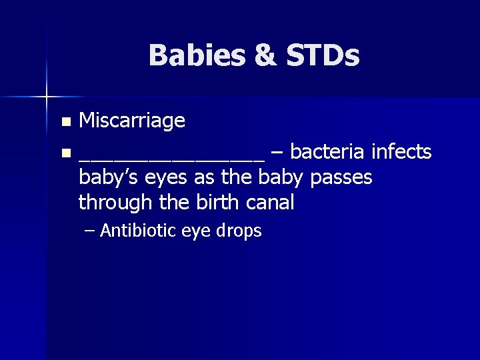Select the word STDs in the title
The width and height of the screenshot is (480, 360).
[323, 55]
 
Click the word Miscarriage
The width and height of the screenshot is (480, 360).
[131, 121]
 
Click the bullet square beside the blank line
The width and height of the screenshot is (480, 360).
[65, 154]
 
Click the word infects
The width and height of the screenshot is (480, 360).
[402, 152]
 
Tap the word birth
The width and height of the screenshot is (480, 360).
[209, 202]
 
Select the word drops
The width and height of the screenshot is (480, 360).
[240, 232]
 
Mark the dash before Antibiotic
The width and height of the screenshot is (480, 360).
[91, 231]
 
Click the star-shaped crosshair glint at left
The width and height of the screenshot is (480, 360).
[47, 97]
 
